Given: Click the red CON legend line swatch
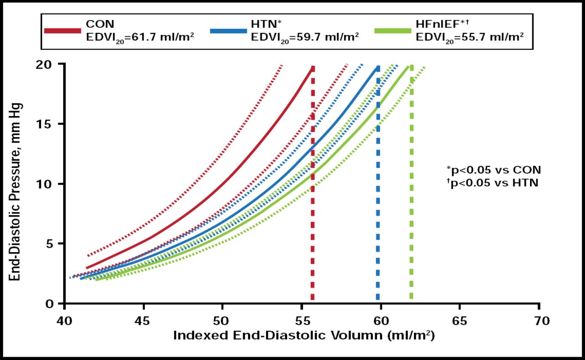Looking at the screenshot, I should pos(63,31).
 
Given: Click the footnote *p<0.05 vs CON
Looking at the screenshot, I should pos(494,170).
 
